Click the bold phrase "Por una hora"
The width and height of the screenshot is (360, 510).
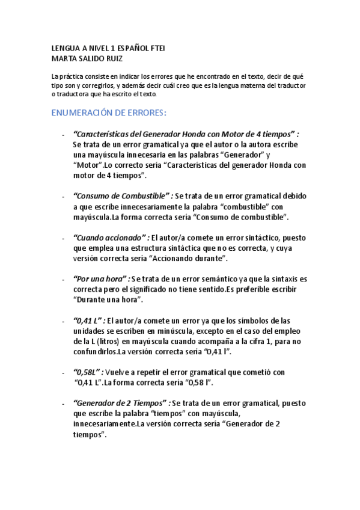pyautogui.click(x=100, y=279)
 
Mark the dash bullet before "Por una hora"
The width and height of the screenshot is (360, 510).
pyautogui.click(x=63, y=279)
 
